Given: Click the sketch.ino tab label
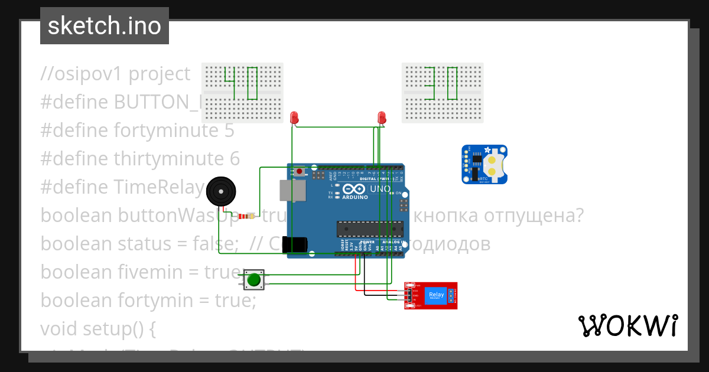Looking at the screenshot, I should pos(104,26).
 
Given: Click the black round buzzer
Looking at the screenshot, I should pos(221,192).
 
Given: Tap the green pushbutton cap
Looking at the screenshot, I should pos(255,279).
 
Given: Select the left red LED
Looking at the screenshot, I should pos(294,117).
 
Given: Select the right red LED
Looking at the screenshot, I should pos(382,117).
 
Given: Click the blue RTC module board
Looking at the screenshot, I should pos(484,165).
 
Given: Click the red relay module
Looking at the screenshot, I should pos(431,295).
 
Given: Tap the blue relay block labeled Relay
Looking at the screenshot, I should pos(436,295).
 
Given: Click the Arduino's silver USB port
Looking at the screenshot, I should pos(292,191).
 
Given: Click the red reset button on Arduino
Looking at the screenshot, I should pos(300,172).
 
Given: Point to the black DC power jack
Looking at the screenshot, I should pos(295,245).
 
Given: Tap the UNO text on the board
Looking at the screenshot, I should pos(380,189).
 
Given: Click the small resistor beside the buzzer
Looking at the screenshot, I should pos(252,216).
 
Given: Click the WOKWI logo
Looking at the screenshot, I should pos(627,325).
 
